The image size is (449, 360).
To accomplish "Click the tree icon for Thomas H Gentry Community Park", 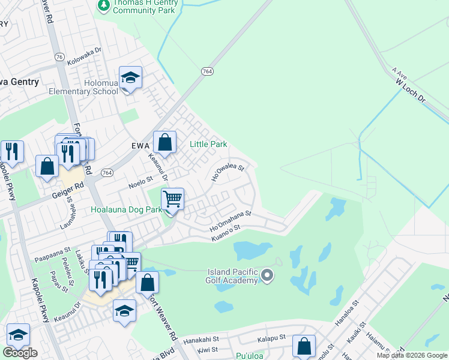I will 104,5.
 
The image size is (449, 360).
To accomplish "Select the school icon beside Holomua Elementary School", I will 130,78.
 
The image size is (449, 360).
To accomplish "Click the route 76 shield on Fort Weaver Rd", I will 59,56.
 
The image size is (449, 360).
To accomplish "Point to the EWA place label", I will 140,145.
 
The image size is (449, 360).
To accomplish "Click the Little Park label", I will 208,144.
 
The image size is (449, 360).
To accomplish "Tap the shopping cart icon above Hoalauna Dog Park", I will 172,199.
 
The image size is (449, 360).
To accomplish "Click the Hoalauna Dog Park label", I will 126,210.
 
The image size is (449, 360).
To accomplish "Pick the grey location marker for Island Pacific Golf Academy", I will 267,276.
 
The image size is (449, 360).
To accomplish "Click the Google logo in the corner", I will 20,353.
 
